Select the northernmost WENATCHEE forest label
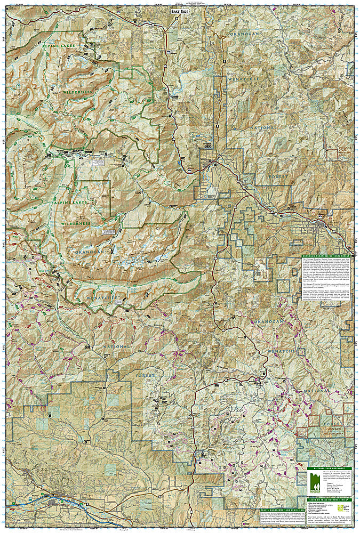tap(245, 79)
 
